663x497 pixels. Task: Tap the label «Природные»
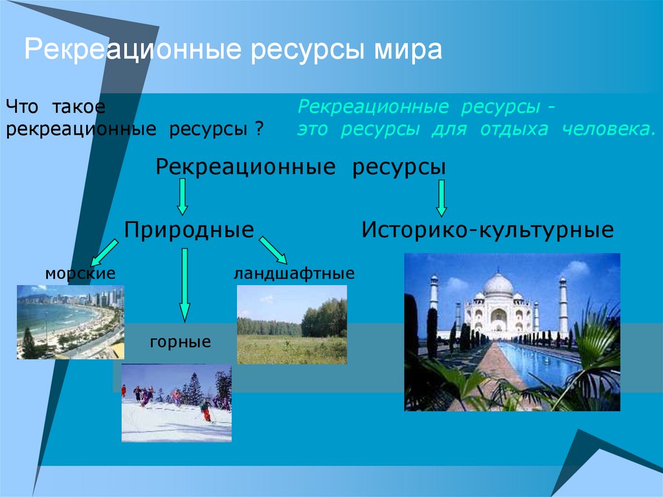[189, 231]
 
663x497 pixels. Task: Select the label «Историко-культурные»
[488, 231]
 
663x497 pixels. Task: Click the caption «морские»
[80, 273]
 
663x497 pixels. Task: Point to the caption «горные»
[181, 342]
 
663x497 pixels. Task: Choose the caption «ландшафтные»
[295, 273]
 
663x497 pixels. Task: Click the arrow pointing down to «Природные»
[182, 197]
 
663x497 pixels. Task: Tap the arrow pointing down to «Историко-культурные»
[442, 198]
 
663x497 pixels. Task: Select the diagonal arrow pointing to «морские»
[104, 253]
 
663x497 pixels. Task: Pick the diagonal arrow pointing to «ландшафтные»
[273, 250]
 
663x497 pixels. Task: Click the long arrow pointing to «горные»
[185, 285]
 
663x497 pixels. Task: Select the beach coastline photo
[71, 322]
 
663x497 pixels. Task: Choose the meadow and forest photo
[292, 325]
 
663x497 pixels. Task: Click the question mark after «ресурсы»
[260, 129]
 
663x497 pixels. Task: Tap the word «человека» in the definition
[609, 129]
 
